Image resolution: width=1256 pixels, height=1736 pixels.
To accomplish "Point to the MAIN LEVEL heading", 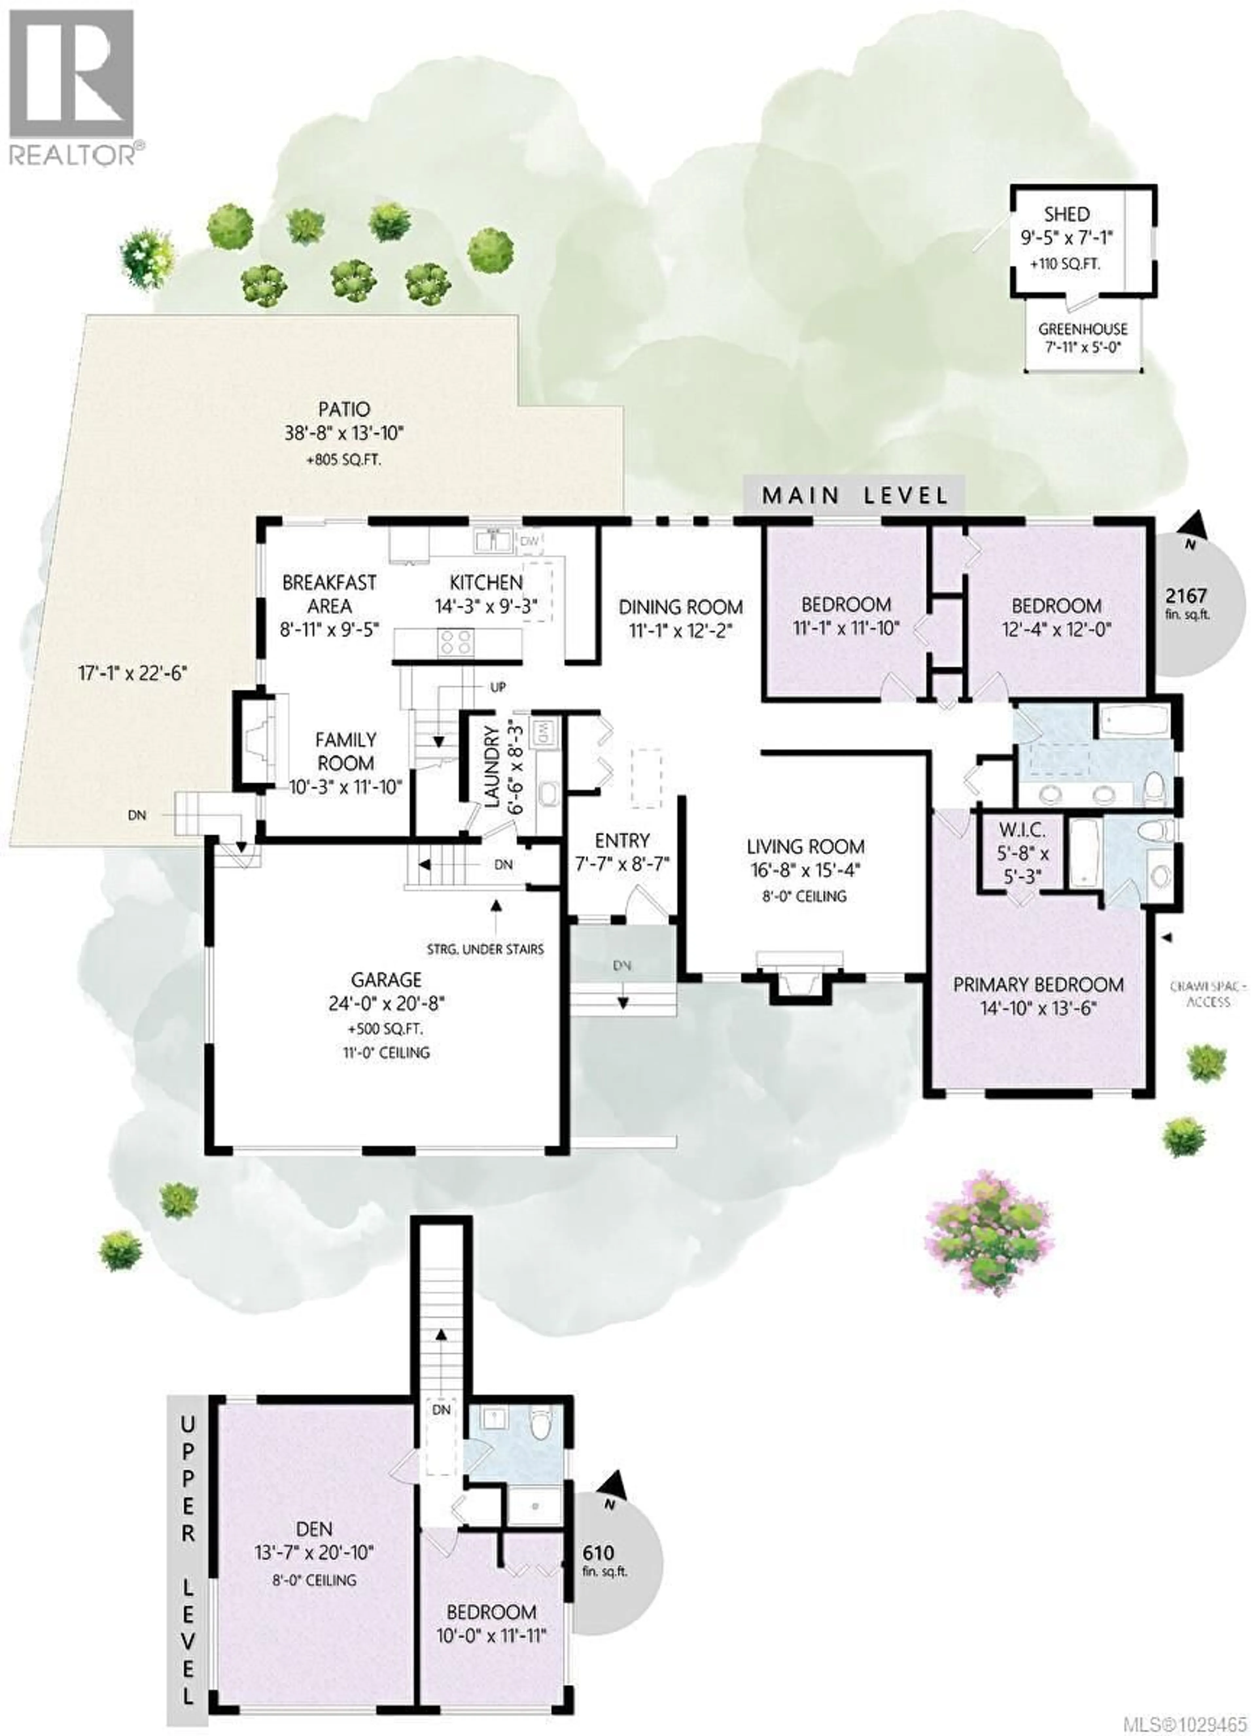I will pos(854,495).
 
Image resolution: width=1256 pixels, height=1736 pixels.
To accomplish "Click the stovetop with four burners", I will pos(455,642).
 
